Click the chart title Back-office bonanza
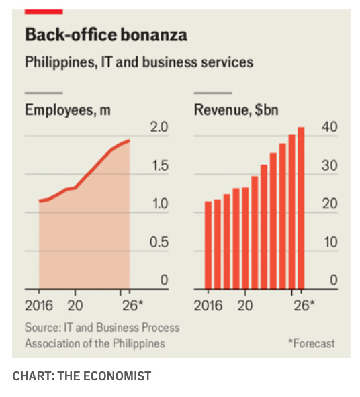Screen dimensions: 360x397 coord(106,34)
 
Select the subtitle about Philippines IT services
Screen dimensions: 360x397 coord(139,62)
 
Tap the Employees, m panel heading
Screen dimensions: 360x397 coord(68,110)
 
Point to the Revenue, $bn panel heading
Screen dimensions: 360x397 coord(236,110)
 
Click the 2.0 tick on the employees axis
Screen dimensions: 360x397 coord(159,127)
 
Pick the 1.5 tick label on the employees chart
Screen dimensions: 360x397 coord(160,166)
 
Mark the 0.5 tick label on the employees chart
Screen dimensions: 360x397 coord(159,242)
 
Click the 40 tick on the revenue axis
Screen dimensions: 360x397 coord(330,126)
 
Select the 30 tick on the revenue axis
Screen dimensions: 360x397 coord(330,166)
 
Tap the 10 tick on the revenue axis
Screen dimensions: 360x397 coord(330,242)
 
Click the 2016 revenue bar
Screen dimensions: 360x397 coord(208,245)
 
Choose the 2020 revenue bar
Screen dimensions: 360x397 coord(245,238)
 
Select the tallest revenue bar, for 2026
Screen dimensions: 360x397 coord(301,208)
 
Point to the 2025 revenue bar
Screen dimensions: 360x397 coord(292,212)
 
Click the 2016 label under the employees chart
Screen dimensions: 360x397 coord(39,306)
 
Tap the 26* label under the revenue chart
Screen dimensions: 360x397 coord(304,306)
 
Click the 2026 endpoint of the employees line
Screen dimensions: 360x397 coord(129,140)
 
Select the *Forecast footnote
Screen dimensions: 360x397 coord(312,343)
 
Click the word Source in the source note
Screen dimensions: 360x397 coord(43,328)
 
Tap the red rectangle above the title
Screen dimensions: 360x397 coord(44,11)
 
